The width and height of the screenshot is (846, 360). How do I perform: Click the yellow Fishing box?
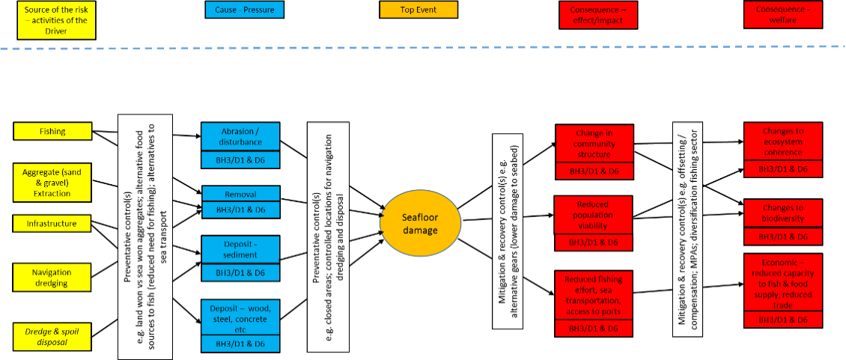[x=52, y=132]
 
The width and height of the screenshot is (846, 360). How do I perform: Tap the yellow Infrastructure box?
[x=52, y=223]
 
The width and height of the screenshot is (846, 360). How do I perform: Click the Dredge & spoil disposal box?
[x=52, y=337]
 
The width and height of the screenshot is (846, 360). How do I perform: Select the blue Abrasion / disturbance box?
[x=240, y=137]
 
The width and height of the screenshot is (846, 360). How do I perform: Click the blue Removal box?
[x=240, y=194]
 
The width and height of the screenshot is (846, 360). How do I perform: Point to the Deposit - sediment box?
[x=240, y=249]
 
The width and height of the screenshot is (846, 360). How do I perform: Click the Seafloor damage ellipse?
[x=420, y=224]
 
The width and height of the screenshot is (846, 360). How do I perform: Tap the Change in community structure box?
[x=594, y=144]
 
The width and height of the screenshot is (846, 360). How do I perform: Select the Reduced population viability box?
[x=593, y=215]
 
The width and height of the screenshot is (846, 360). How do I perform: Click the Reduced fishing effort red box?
[x=594, y=296]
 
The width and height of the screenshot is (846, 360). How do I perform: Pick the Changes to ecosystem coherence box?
[x=783, y=141]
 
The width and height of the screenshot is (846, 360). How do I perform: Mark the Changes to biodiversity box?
[x=783, y=213]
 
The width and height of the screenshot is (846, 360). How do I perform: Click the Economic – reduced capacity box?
[x=783, y=283]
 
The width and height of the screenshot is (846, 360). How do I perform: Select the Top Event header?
[x=419, y=10]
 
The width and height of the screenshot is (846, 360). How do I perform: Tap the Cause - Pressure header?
[x=244, y=10]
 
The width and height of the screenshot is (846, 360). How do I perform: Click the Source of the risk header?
[x=56, y=16]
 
